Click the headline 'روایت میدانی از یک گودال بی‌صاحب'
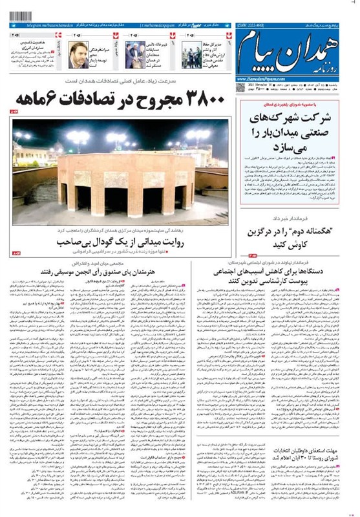[121, 242]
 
